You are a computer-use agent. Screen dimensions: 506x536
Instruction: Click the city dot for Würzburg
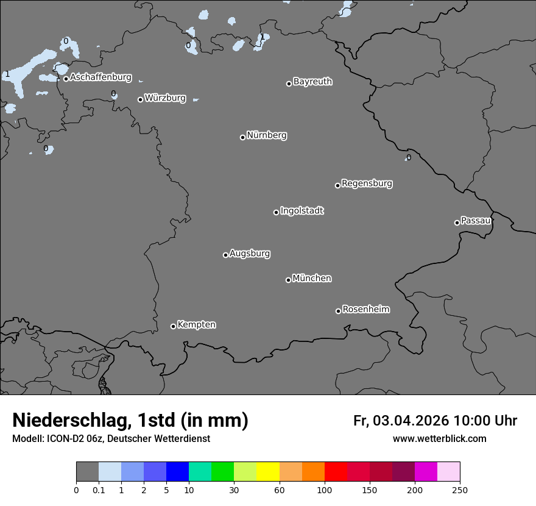tap(140, 99)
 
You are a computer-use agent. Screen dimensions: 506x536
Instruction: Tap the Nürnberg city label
tap(266, 135)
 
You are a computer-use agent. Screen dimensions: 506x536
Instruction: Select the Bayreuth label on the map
tap(312, 82)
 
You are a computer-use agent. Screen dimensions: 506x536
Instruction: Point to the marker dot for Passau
tap(457, 223)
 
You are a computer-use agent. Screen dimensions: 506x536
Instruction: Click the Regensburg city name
tap(367, 184)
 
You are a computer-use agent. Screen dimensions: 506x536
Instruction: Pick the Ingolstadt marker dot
tap(276, 212)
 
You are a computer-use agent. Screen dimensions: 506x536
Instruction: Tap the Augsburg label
tap(250, 254)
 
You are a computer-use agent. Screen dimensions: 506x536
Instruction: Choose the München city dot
tap(288, 280)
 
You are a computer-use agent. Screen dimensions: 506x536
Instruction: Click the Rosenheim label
tap(365, 310)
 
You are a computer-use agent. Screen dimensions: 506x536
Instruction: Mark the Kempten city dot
tap(173, 326)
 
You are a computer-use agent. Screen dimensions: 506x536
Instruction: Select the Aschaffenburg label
tap(100, 77)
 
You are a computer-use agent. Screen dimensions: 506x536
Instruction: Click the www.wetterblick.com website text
tap(439, 439)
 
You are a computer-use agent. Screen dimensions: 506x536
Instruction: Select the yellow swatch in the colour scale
tap(268, 472)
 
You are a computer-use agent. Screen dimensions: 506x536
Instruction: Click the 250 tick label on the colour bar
tap(460, 490)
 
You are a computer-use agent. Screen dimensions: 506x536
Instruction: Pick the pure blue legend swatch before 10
tap(177, 472)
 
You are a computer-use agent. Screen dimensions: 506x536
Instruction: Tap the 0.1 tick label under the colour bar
tap(98, 490)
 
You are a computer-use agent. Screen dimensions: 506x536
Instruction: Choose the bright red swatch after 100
tap(336, 472)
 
